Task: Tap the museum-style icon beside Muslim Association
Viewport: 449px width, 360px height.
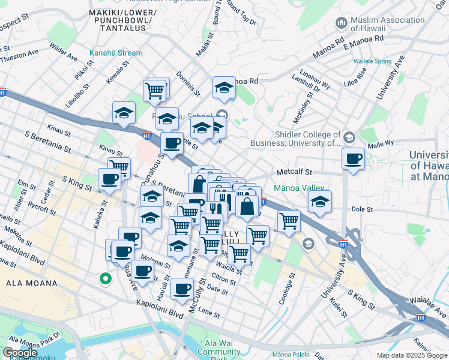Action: click(341, 23)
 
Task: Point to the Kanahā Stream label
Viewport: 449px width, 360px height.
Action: click(116, 53)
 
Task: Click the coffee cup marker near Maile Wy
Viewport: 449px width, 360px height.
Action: click(353, 160)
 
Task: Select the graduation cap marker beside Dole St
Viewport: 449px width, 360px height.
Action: click(321, 202)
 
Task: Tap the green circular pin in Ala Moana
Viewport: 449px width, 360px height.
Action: click(105, 278)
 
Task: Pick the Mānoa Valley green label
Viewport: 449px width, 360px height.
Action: click(298, 188)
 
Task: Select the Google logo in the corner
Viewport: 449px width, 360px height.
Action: click(20, 353)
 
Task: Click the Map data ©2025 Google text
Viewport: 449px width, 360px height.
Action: click(412, 355)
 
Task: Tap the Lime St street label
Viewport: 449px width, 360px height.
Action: click(209, 312)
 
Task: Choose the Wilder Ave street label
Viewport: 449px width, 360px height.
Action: click(64, 52)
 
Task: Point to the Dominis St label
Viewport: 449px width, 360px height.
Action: click(188, 85)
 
